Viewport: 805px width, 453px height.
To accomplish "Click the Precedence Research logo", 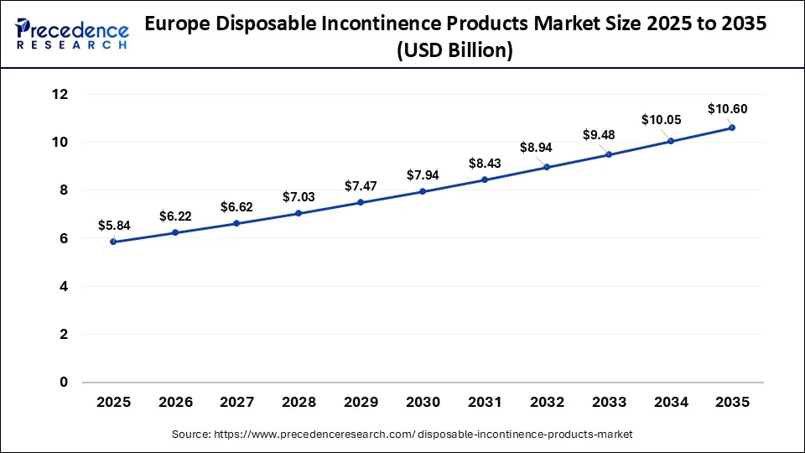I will click(72, 34).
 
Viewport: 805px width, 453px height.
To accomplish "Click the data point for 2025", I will click(113, 242).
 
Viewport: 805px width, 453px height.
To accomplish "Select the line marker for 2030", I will click(423, 191).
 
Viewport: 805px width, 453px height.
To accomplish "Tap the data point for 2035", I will click(732, 128).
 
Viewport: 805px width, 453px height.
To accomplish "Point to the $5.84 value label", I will click(113, 225).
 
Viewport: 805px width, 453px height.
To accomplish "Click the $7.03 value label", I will click(299, 196).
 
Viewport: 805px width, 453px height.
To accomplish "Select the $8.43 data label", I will click(485, 163).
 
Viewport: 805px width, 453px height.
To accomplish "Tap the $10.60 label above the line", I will click(727, 108).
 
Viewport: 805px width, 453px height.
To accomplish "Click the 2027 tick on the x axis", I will click(237, 403).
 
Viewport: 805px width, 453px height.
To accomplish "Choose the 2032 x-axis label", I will click(547, 403).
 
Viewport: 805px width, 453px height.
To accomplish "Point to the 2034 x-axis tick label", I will click(670, 403).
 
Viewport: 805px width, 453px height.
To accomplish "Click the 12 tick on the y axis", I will click(60, 95).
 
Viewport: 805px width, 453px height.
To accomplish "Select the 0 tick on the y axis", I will click(63, 383).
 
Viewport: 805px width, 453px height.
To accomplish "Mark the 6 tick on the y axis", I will click(63, 239).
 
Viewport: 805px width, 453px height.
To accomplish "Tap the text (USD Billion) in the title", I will click(455, 51).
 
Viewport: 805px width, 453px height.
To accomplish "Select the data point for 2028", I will click(299, 213).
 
